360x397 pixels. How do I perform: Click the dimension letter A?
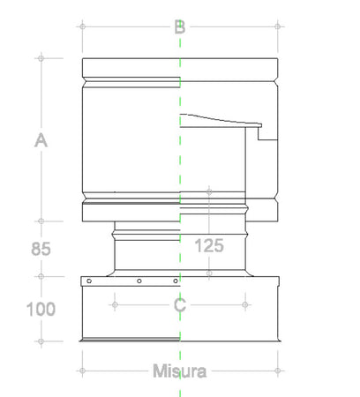pos(40,139)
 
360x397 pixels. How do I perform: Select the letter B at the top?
pos(180,26)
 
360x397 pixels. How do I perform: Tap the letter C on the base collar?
pos(180,305)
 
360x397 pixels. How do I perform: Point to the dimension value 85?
pos(41,250)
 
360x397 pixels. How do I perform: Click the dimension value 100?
pos(41,309)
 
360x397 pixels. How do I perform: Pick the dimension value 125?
pos(209,246)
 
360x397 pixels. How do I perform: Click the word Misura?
pos(179,371)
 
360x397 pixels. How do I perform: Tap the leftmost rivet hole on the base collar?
pos(88,281)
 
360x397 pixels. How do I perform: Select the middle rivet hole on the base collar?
pos(139,281)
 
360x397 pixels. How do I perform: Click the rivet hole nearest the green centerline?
pos(171,281)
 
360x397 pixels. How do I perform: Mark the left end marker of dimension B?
pos(82,26)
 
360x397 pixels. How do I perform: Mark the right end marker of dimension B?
pos(279,26)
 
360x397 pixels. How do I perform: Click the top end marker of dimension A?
pos(41,58)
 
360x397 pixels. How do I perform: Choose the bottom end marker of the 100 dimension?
pos(41,341)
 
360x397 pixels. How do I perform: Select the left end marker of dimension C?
pos(115,305)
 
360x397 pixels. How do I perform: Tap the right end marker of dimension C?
pos(245,305)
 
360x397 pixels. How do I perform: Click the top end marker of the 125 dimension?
pos(209,191)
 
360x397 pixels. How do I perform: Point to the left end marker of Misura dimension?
pos(82,371)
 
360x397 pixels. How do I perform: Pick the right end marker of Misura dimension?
pos(279,371)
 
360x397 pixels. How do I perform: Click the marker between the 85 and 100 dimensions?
pos(41,275)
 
